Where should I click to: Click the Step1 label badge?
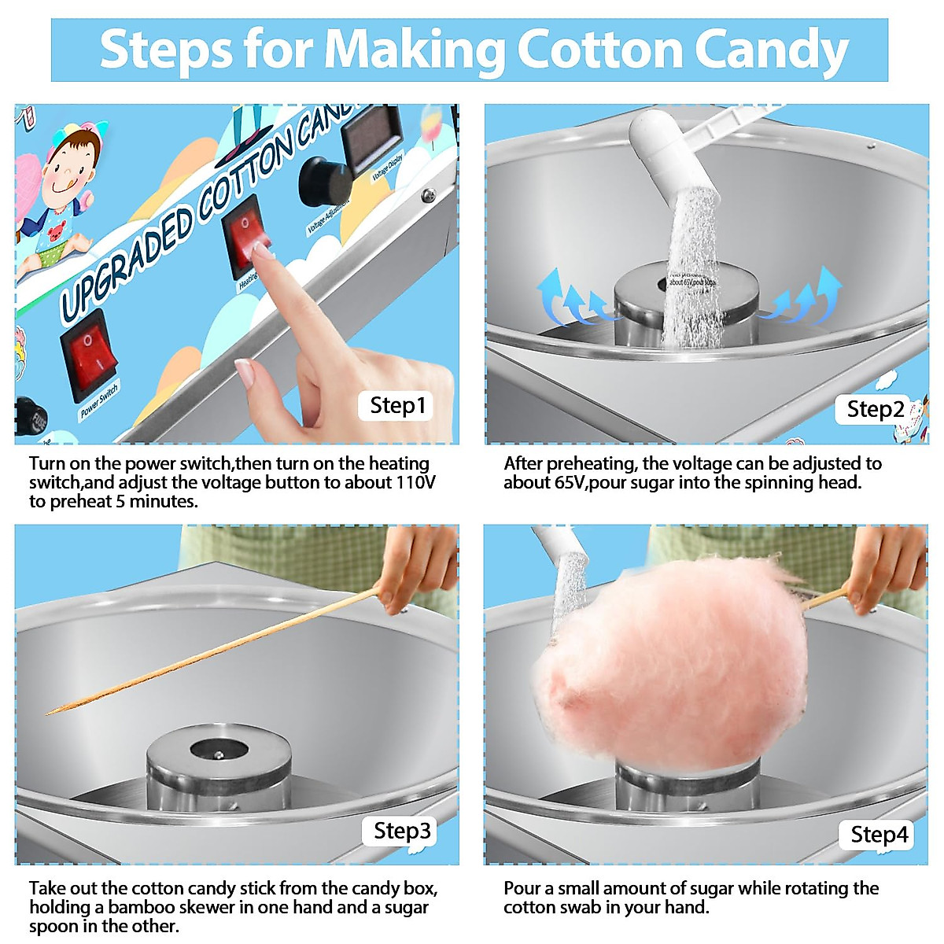397,406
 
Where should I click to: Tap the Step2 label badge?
875,409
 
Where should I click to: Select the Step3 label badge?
402,831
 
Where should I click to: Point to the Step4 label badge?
879,835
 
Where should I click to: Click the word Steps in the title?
166,50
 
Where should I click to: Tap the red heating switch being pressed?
246,234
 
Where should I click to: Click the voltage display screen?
372,137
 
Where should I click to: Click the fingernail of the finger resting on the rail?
245,371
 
